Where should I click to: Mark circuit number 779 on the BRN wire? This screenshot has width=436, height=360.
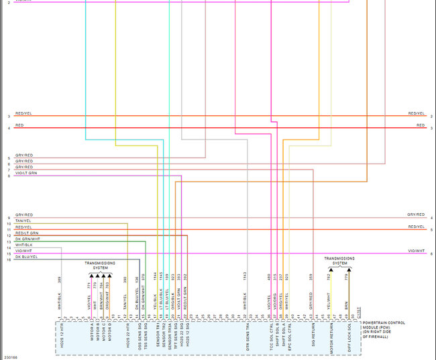[x=347, y=277]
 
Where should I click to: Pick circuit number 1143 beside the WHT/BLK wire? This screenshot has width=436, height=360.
[x=246, y=276]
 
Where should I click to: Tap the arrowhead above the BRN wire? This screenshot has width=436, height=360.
[x=347, y=268]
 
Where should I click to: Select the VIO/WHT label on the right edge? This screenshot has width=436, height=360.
[x=416, y=251]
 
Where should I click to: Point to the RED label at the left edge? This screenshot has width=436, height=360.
[x=19, y=125]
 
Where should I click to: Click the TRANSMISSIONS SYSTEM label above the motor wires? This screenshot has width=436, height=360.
[x=100, y=265]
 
